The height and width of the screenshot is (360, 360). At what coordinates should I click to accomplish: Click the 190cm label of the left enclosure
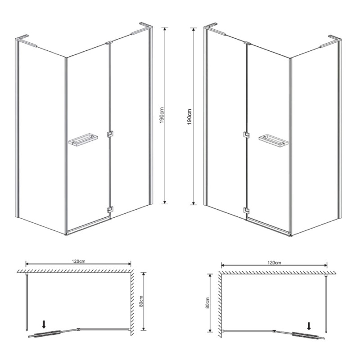pyautogui.click(x=162, y=115)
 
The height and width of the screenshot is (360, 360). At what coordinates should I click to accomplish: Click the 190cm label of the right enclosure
pyautogui.click(x=189, y=117)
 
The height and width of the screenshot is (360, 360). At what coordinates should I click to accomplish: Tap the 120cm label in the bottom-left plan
pyautogui.click(x=78, y=261)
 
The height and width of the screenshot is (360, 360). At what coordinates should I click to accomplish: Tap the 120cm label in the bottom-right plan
pyautogui.click(x=274, y=263)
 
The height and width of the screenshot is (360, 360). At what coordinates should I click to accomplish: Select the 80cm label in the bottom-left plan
pyautogui.click(x=141, y=301)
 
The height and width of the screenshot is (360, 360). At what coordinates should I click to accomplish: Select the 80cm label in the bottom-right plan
pyautogui.click(x=207, y=303)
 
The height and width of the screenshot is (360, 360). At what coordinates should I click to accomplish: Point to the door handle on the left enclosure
pyautogui.click(x=83, y=140)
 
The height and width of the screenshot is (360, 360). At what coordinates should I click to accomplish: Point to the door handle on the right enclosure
pyautogui.click(x=274, y=140)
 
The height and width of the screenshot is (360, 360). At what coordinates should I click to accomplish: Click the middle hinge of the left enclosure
pyautogui.click(x=110, y=134)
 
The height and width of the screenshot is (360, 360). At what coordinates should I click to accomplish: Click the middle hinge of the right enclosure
pyautogui.click(x=247, y=135)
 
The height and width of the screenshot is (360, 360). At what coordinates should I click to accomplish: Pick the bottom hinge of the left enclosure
pyautogui.click(x=110, y=210)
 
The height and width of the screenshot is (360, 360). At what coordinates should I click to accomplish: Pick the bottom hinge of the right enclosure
pyautogui.click(x=247, y=211)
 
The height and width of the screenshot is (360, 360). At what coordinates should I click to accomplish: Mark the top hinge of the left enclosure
pyautogui.click(x=109, y=43)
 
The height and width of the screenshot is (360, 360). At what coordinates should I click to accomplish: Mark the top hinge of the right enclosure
pyautogui.click(x=247, y=43)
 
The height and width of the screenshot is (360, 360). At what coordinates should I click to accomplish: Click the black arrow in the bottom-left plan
pyautogui.click(x=44, y=324)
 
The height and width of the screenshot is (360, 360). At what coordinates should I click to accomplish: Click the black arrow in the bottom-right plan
pyautogui.click(x=309, y=326)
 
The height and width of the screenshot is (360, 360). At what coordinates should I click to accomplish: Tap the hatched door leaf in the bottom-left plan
pyautogui.click(x=48, y=333)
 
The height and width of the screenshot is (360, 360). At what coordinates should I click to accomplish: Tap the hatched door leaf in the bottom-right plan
pyautogui.click(x=306, y=335)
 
